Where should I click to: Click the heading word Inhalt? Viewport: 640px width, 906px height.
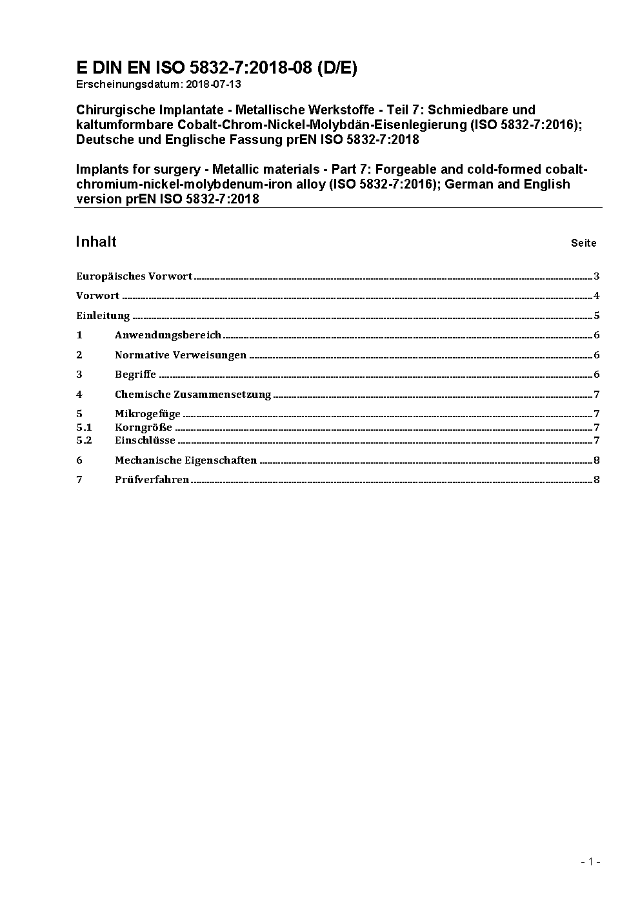96,242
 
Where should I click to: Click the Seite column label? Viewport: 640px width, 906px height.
583,243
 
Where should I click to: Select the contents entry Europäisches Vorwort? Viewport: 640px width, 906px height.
134,276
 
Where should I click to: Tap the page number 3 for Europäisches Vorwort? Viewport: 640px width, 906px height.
597,276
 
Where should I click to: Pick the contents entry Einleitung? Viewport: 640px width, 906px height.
103,316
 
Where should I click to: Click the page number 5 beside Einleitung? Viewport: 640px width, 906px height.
597,316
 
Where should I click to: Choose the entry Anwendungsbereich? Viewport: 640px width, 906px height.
168,335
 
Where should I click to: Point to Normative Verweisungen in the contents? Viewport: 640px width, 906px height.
181,355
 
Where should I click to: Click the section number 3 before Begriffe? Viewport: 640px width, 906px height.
79,375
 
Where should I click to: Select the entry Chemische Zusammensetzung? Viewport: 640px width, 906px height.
193,395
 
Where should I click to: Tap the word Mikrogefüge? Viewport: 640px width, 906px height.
148,414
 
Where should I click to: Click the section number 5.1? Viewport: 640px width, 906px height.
84,427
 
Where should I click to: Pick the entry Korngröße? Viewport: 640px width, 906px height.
143,427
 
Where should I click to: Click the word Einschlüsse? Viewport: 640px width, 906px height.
145,440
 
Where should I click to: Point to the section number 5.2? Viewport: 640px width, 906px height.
84,440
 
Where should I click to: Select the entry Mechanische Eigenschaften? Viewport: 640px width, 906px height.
186,460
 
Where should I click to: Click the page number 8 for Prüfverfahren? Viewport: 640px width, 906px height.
597,480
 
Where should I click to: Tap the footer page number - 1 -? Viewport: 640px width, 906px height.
590,861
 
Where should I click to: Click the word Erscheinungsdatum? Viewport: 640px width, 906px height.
128,84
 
